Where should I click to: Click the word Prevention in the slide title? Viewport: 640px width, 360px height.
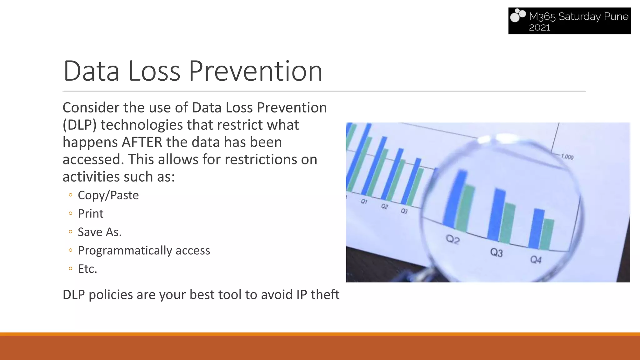coord(255,71)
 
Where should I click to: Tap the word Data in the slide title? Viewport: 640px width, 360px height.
coord(91,71)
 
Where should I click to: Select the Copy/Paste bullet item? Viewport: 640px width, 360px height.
coord(108,195)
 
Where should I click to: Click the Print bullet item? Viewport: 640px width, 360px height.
coord(91,214)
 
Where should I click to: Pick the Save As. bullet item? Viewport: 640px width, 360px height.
coord(99,232)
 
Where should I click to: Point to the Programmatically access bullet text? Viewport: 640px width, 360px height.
coord(144,251)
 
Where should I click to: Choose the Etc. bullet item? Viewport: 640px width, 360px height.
coord(87,269)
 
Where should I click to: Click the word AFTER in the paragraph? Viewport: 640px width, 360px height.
coord(142,142)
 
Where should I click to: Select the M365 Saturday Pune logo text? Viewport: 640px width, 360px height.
coord(578,16)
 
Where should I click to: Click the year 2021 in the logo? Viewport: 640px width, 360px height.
coord(539,27)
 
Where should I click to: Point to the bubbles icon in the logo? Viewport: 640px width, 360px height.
coord(518,16)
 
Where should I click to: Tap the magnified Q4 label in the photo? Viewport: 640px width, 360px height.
coord(536,260)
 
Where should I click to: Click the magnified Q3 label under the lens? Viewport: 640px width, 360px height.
coord(496,252)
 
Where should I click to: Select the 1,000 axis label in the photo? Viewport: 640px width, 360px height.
coord(567,157)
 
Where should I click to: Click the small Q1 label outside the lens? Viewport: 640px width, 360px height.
coord(364,202)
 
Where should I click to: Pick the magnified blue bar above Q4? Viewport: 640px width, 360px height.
coord(537,228)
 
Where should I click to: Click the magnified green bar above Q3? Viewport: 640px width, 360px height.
coord(507,222)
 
